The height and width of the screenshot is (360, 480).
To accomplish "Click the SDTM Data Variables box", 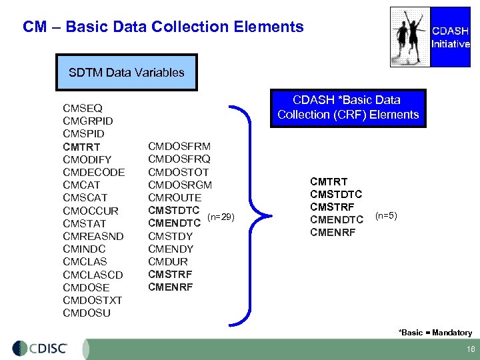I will point(127,72).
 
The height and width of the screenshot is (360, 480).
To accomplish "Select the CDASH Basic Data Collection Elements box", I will point(348,107).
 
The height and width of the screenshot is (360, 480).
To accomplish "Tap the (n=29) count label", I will point(221,216).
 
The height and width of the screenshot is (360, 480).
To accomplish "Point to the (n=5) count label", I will point(386,215).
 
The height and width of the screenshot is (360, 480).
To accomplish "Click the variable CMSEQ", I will point(82,108).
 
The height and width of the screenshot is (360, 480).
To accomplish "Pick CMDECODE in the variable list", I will point(93,172).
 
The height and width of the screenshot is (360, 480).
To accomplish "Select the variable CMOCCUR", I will point(91,211).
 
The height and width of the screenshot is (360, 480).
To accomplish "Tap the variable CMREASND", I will point(93,236).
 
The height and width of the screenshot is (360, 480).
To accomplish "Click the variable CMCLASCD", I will point(93,275).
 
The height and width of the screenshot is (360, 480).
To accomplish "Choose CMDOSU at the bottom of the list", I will point(87,313).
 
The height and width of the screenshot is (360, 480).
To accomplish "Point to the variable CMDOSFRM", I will point(179,146).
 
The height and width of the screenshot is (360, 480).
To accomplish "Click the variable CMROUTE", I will point(174,197).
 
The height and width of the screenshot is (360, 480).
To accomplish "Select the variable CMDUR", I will point(167,261).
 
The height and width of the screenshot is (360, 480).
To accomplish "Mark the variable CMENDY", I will point(170,249).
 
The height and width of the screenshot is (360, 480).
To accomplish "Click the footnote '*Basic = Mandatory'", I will point(435,332).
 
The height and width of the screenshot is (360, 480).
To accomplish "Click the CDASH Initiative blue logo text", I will point(451,37).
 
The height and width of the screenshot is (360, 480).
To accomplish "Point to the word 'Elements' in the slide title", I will point(269,27).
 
